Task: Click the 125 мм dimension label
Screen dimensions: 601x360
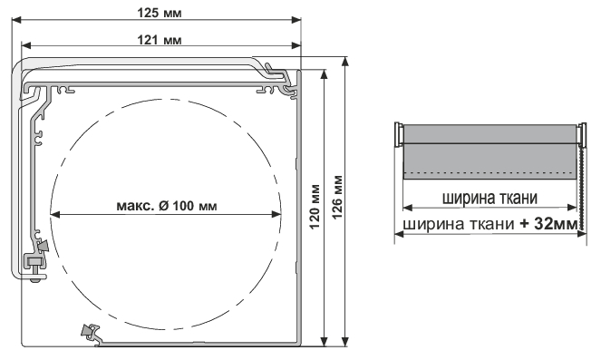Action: click(160, 13)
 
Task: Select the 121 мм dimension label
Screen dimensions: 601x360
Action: click(160, 40)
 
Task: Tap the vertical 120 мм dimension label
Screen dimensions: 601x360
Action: click(315, 207)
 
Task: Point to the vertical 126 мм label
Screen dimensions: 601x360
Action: click(337, 197)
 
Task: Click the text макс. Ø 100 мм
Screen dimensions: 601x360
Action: click(167, 206)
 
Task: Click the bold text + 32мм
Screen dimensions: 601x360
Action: click(548, 224)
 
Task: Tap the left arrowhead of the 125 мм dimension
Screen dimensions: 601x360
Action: click(16, 20)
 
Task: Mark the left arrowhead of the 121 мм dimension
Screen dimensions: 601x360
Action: click(25, 45)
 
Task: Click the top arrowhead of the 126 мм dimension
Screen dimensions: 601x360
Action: click(345, 62)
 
